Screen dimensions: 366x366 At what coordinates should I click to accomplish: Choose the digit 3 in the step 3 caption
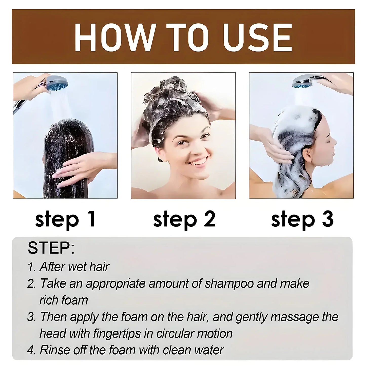click(x=328, y=219)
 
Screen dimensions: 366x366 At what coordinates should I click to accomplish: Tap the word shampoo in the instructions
click(x=229, y=283)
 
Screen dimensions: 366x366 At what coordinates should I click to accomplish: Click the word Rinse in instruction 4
click(x=52, y=350)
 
